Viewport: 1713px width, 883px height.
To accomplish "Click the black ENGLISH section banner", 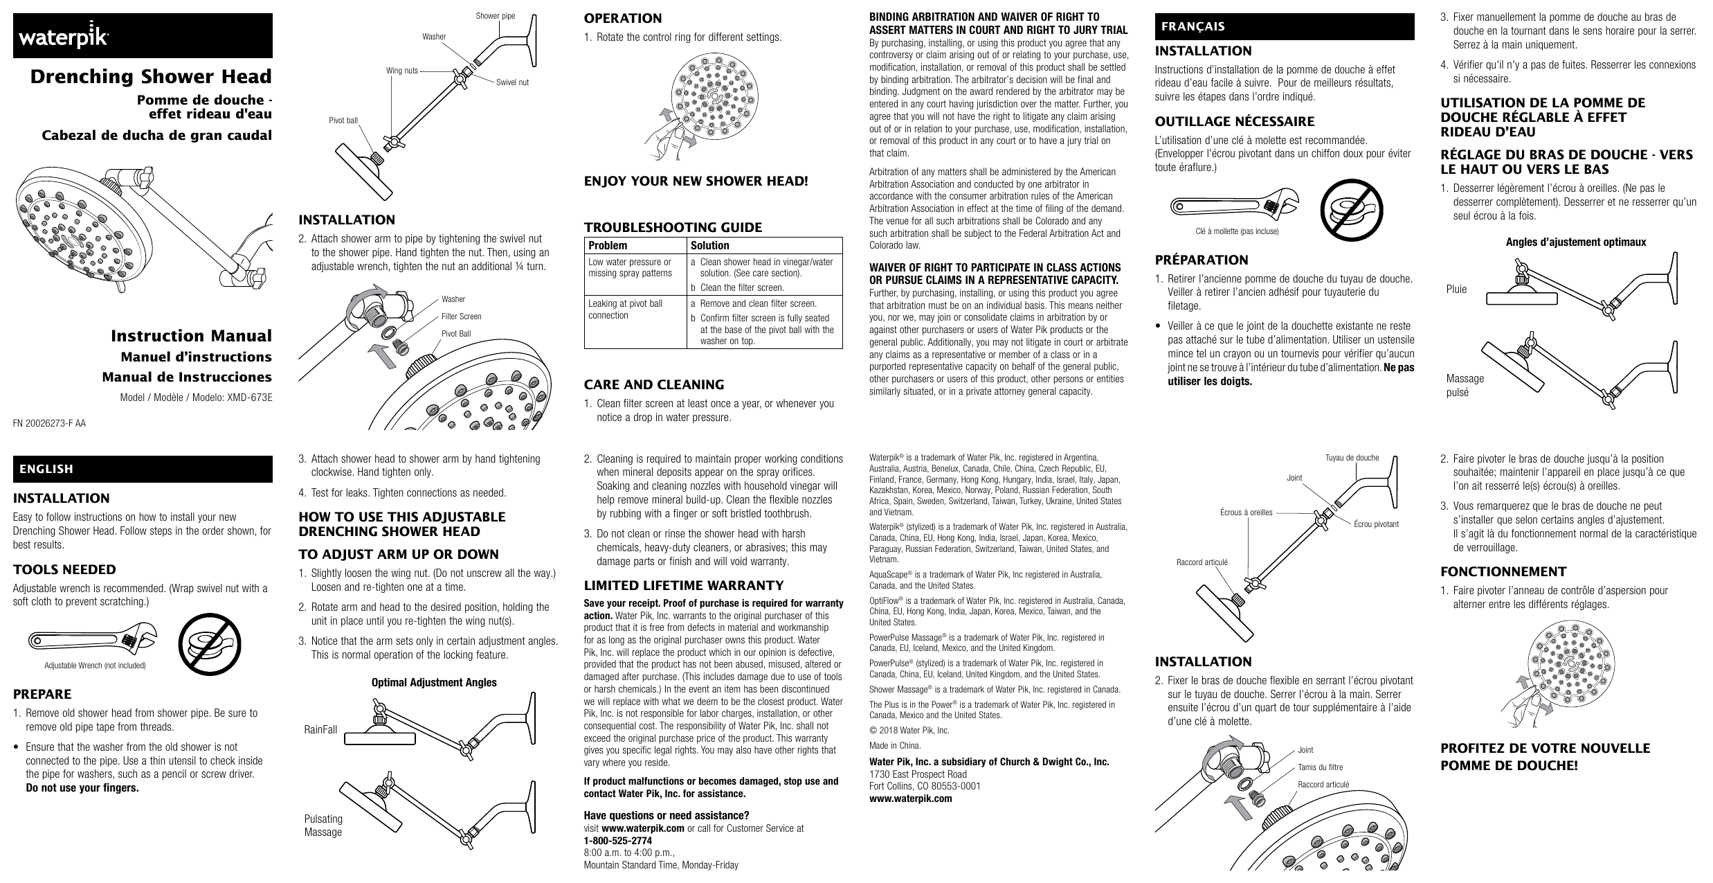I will (142, 469).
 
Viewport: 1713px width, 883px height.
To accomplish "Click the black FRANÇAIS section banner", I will (1283, 26).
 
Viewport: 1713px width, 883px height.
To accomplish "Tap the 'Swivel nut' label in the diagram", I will (512, 82).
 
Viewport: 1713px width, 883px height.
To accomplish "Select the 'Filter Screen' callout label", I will (461, 316).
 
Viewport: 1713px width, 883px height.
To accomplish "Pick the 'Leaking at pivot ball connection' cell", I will (625, 310).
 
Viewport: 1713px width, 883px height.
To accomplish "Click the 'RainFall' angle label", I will (320, 730).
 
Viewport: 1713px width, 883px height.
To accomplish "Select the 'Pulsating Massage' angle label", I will (323, 825).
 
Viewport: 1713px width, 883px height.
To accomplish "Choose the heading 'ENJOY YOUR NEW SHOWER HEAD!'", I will (696, 182).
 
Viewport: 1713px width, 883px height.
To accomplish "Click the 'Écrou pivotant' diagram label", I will (1376, 524).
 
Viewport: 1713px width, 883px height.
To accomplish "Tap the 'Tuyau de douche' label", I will (1352, 458).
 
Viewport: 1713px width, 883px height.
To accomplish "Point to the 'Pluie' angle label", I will (1456, 289).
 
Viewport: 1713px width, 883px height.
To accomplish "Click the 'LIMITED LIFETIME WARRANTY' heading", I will (684, 585).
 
